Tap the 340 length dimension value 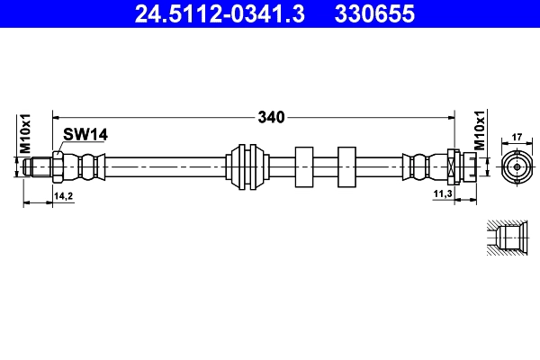point(271,117)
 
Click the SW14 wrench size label point(85,134)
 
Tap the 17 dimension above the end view point(517,138)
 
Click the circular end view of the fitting point(517,166)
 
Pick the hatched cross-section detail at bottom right point(507,238)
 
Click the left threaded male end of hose point(38,166)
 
